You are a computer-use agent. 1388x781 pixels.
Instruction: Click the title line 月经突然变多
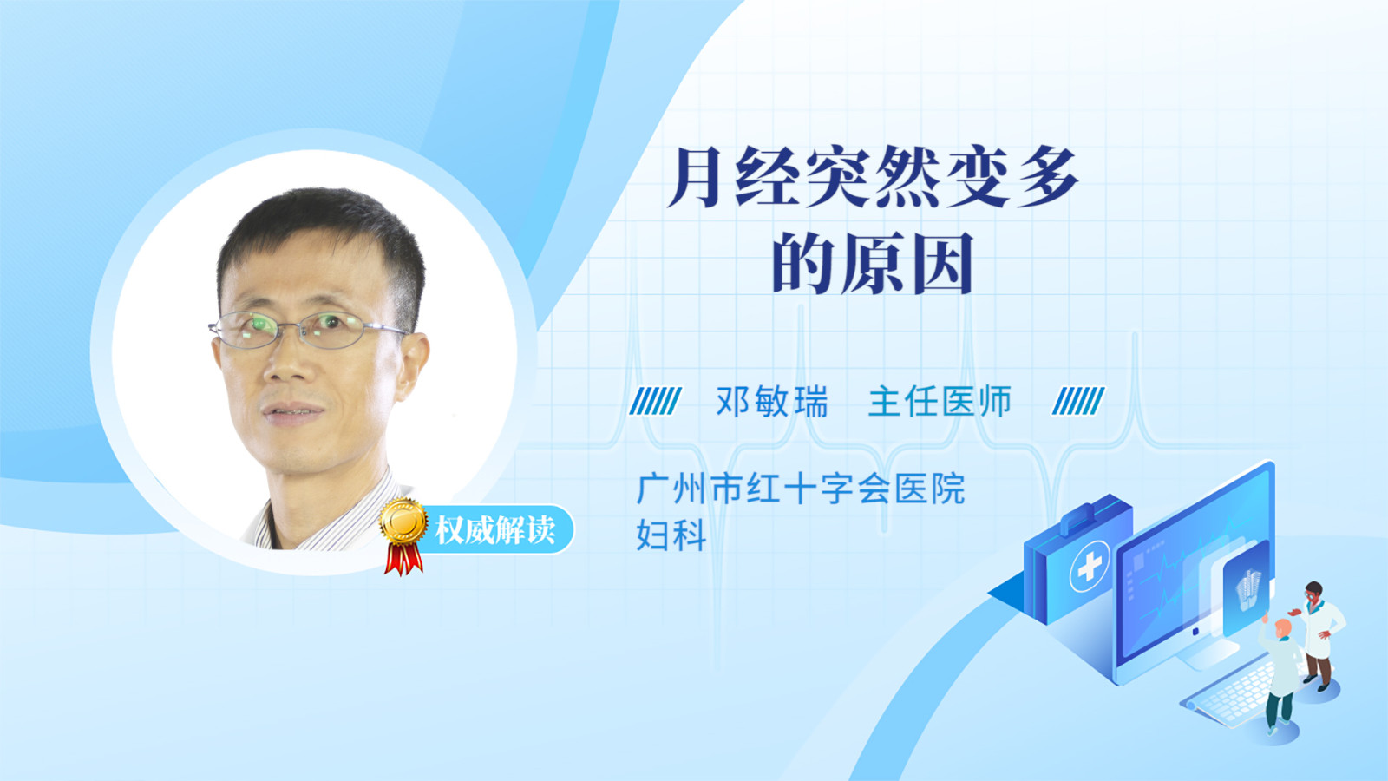click(874, 178)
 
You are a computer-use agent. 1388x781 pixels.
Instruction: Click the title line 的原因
click(873, 264)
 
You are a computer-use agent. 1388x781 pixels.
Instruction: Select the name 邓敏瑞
click(772, 401)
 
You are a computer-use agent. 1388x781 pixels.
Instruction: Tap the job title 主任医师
click(940, 401)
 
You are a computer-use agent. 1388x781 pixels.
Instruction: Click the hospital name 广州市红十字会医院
click(801, 489)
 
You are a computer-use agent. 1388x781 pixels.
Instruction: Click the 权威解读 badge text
click(494, 530)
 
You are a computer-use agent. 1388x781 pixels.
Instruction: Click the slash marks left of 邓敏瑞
click(655, 401)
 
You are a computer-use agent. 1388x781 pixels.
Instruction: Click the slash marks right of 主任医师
click(1078, 401)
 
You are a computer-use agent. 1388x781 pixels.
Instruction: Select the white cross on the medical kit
click(1090, 565)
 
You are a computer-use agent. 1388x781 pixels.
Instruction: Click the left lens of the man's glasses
click(248, 330)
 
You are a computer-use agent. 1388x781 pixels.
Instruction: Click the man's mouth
click(293, 411)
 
